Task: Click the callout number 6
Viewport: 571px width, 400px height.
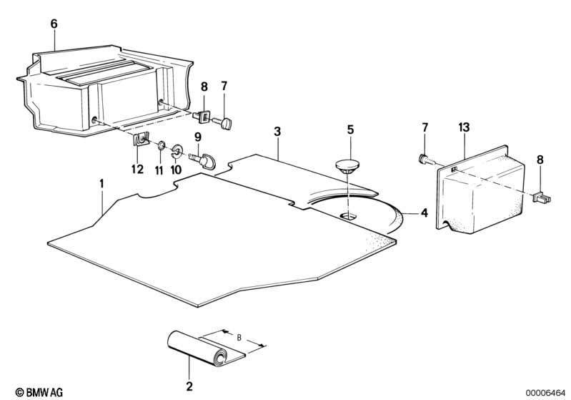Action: (x=54, y=24)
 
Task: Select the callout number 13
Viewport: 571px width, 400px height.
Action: (x=464, y=127)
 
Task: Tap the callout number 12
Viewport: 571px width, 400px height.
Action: (x=138, y=169)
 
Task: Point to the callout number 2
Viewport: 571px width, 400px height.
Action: (x=189, y=386)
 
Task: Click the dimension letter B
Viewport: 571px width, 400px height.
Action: (x=239, y=338)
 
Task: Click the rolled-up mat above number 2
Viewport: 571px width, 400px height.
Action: (x=206, y=348)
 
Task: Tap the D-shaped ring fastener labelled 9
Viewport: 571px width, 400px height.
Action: (x=203, y=161)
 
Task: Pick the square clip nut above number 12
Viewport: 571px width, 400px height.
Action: (x=141, y=140)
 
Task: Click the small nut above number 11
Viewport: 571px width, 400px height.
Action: (x=161, y=147)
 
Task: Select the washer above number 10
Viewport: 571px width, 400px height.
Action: (x=177, y=151)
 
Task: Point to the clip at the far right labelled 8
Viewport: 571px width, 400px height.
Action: (x=542, y=197)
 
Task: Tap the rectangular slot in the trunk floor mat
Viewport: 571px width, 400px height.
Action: (x=349, y=216)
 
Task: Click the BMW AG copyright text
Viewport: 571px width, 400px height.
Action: (x=39, y=392)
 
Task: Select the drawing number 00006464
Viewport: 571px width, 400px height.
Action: (x=546, y=393)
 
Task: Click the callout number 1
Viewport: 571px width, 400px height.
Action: (x=101, y=184)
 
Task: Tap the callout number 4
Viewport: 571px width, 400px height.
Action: (x=424, y=213)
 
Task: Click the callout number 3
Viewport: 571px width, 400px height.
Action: (x=277, y=132)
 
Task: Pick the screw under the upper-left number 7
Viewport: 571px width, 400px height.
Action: (x=223, y=123)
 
